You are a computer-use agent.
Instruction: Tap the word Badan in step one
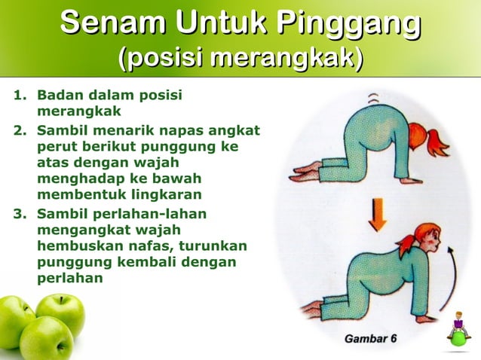pos(59,96)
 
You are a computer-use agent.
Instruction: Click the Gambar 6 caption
pos(370,338)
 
